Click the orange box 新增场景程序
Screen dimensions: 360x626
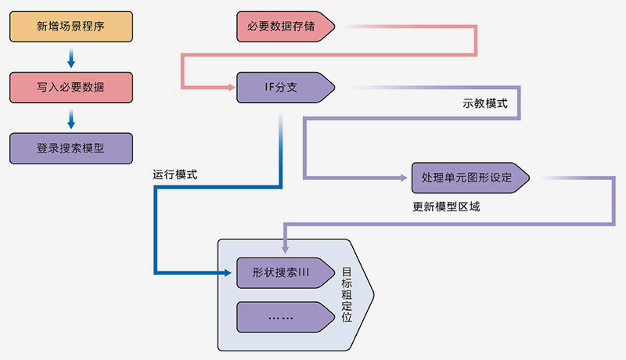(70, 26)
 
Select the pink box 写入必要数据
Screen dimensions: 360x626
(70, 87)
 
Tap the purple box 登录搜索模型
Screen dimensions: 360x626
(70, 148)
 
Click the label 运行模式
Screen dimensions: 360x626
(174, 175)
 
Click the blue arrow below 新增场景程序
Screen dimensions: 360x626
(70, 58)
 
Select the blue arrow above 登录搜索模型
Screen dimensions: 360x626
(70, 119)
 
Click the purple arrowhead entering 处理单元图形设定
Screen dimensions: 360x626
(405, 178)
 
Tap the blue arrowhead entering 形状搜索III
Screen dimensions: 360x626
(230, 273)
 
